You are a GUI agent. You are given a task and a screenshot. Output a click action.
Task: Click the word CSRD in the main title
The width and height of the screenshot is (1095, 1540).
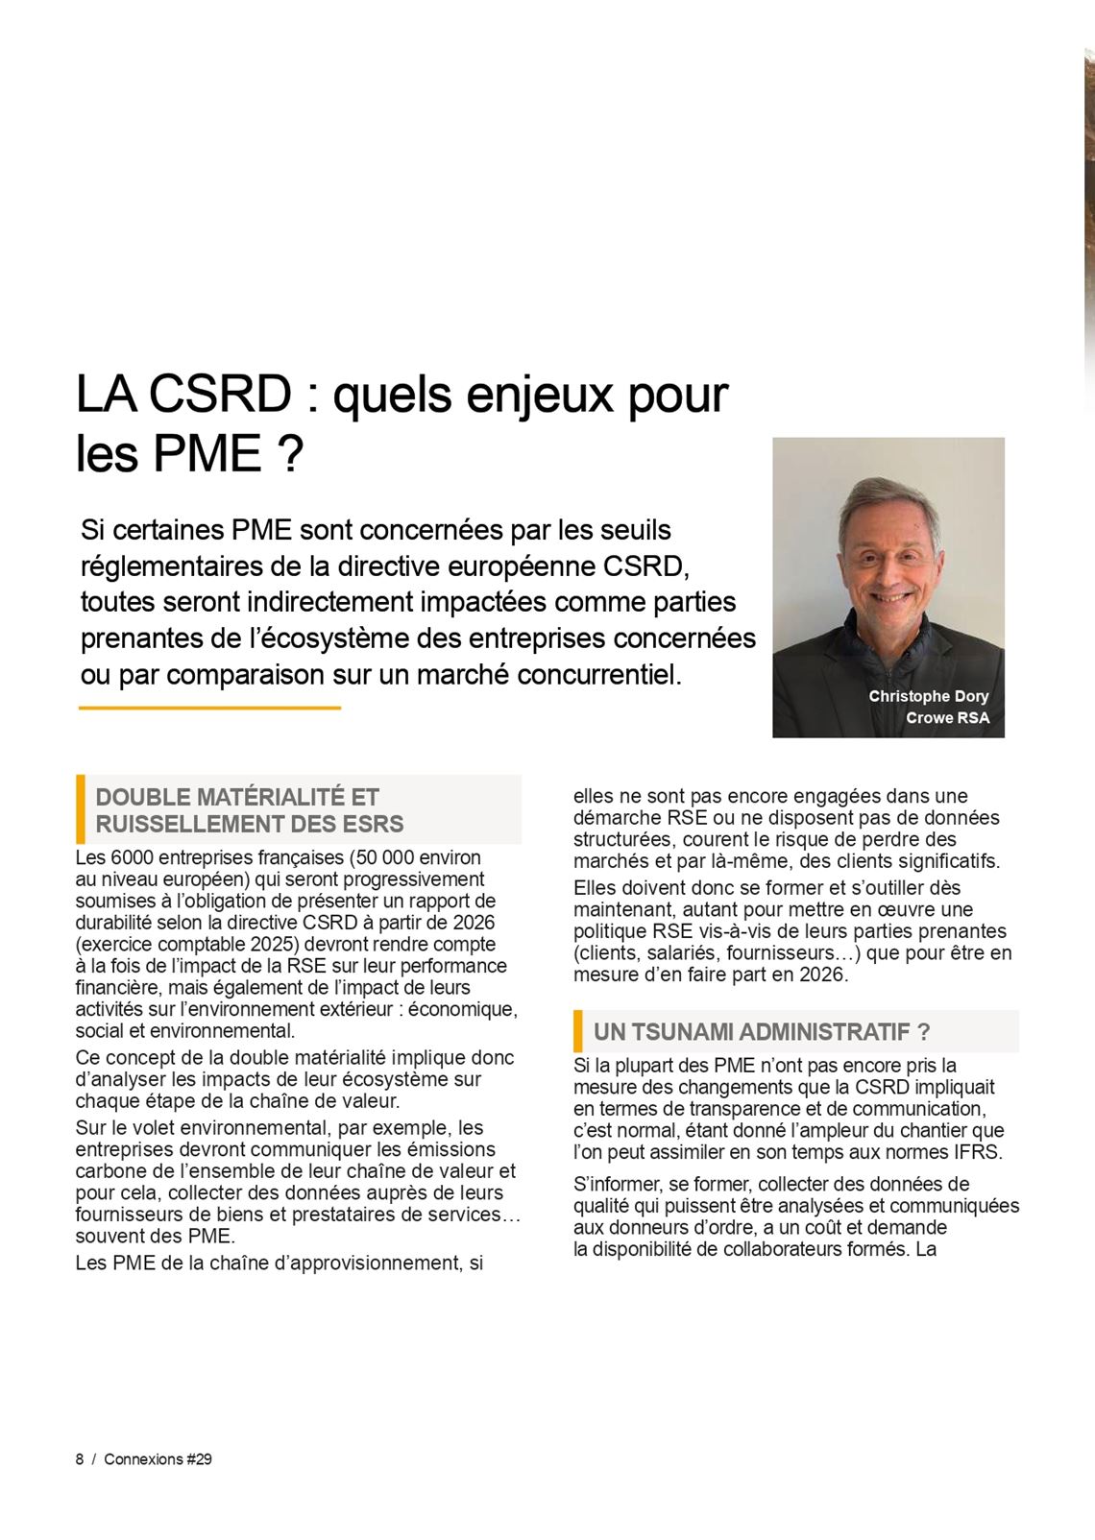(220, 394)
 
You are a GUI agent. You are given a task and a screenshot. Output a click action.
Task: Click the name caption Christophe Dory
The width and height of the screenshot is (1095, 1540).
(928, 696)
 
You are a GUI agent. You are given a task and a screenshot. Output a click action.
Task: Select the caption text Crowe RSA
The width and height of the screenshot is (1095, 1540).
(946, 717)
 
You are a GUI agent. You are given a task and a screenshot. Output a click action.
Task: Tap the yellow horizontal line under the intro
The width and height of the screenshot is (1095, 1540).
(209, 708)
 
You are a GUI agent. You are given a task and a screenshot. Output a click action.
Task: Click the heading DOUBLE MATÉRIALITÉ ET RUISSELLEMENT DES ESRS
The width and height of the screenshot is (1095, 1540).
(250, 810)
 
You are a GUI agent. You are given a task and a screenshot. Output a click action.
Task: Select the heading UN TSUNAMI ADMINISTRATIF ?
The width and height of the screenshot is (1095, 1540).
(761, 1032)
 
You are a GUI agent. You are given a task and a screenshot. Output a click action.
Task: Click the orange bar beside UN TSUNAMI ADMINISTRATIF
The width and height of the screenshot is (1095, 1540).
(578, 1031)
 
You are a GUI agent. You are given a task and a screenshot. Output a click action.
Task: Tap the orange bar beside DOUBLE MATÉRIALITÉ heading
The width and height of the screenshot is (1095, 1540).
(81, 809)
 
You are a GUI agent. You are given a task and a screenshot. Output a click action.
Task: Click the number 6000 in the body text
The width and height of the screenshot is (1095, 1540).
(132, 857)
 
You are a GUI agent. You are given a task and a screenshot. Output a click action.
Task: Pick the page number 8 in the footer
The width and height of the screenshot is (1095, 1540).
(80, 1459)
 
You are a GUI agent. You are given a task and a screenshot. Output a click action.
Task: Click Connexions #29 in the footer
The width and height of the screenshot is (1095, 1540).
(158, 1459)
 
